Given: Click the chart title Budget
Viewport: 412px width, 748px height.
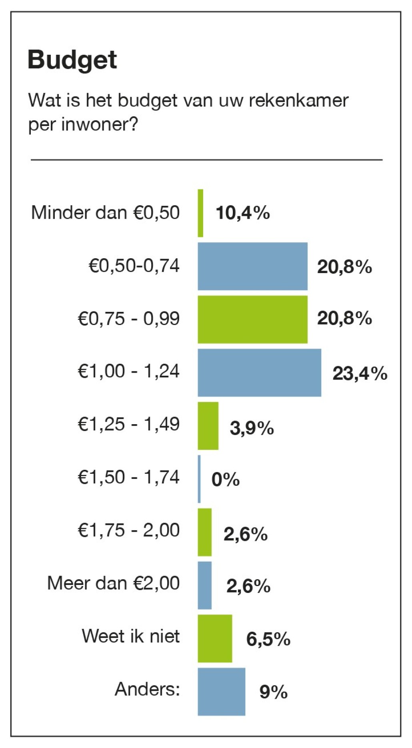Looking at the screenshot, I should point(72,61).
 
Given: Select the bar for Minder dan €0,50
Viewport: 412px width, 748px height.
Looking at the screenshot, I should point(200,213).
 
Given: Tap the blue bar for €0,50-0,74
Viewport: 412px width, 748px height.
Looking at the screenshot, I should point(252,266).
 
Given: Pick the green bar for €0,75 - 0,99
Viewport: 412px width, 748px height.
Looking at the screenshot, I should point(252,319).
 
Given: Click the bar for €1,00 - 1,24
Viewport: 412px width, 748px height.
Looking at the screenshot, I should point(259,373).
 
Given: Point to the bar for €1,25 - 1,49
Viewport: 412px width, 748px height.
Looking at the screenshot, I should point(208,426).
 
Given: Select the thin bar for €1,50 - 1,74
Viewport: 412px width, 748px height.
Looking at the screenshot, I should point(199,479).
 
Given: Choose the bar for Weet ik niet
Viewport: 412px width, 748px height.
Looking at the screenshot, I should point(215,638).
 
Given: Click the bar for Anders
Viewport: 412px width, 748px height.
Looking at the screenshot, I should point(221,692).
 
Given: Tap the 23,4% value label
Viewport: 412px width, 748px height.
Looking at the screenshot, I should point(360,374).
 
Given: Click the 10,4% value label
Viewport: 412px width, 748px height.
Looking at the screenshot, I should point(242,213).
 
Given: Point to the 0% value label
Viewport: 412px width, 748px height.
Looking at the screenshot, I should point(225,479).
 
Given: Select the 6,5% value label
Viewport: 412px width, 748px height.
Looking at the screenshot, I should point(268,639).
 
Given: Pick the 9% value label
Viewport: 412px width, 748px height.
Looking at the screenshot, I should point(273,692).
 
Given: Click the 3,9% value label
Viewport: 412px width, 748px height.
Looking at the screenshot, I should point(252,428).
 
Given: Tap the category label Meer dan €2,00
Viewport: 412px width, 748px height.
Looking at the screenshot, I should point(113,583).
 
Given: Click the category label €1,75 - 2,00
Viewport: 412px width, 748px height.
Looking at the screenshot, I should point(128,530).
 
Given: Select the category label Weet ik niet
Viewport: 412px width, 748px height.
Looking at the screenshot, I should point(130,636).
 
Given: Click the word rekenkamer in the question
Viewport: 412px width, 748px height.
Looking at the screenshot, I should point(298,100).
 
